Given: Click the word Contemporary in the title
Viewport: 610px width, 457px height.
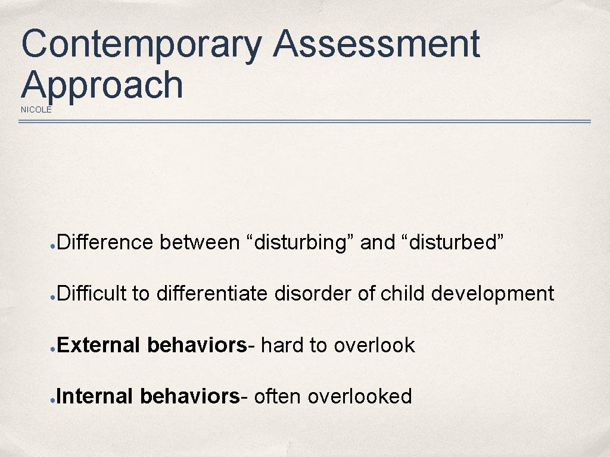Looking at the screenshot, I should coord(142,45).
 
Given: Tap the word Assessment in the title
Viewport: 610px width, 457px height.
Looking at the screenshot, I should coord(376,45).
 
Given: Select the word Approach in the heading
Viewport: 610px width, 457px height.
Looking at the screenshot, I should coord(102,84).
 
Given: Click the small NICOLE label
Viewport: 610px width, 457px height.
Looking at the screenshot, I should coord(36,109).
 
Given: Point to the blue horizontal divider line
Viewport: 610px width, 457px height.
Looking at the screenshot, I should coord(304,121).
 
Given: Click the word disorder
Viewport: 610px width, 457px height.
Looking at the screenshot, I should coord(313,293).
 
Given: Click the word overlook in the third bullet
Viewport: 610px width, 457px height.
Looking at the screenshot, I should coord(374,345).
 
